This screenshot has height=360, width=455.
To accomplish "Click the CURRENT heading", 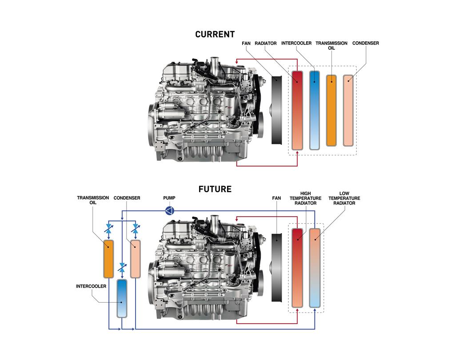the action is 215,35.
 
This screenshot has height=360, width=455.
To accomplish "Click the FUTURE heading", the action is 215,189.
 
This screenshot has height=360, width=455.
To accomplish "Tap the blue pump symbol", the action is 169,210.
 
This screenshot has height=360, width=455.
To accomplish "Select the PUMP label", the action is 169,198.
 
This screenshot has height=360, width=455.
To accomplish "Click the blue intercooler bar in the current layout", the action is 315,110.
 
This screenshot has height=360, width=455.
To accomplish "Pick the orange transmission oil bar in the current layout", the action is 331,111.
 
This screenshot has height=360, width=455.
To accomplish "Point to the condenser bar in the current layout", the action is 348,111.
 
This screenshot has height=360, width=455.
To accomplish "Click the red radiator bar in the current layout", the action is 297,110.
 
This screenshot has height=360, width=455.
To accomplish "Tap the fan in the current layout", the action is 276,110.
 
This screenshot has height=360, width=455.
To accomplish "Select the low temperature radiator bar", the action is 315,268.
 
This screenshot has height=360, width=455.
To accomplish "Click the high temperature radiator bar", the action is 297,268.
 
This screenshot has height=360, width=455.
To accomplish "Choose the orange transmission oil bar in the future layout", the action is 108,259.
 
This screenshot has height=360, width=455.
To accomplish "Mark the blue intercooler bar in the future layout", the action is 122,298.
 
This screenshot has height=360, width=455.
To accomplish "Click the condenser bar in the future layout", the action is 135,259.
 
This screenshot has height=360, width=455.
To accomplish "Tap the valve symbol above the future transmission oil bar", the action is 109,229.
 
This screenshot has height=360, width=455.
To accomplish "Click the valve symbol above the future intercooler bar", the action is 122,268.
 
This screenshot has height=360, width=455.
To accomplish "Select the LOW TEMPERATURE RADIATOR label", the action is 344,198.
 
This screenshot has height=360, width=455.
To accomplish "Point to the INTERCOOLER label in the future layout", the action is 91,286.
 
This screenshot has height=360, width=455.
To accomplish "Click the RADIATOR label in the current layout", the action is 266,43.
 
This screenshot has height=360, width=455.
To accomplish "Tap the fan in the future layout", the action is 276,267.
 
